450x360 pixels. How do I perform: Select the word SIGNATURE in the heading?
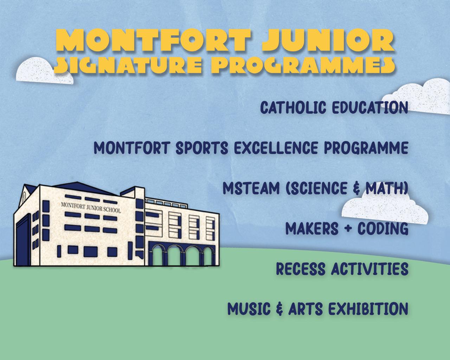(x=128, y=65)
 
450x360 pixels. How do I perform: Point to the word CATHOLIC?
(x=293, y=108)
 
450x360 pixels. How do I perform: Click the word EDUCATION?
(x=370, y=108)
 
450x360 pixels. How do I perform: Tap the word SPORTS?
(x=202, y=148)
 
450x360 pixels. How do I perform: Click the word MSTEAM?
(x=251, y=188)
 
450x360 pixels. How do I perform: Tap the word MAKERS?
(x=312, y=228)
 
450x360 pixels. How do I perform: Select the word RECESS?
(x=301, y=269)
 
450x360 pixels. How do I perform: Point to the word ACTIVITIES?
(x=370, y=269)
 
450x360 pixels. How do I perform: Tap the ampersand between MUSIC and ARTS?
(x=279, y=309)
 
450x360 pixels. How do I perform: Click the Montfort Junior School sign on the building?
(x=91, y=207)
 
